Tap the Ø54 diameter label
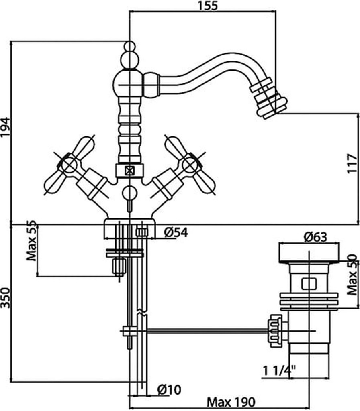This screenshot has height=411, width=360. (176, 232)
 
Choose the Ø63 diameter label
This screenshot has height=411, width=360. (315, 237)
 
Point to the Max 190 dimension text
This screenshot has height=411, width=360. (231, 401)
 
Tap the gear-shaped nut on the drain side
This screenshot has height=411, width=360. (276, 330)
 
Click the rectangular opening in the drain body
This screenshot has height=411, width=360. (309, 284)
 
